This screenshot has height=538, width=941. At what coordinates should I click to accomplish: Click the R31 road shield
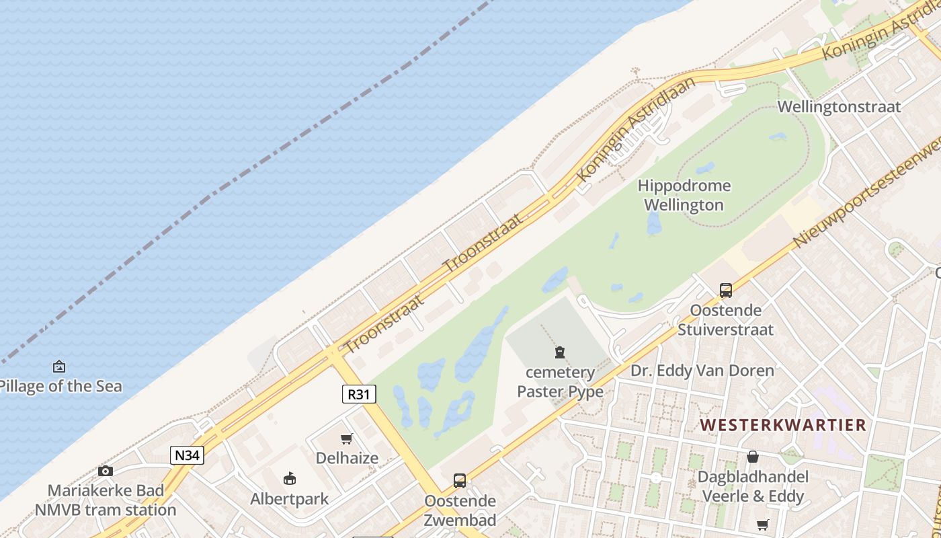click(x=359, y=394)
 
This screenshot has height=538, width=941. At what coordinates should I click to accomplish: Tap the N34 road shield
click(x=187, y=455)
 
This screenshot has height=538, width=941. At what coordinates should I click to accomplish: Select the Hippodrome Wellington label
click(x=684, y=195)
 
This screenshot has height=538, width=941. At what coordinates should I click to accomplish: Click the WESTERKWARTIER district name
click(x=783, y=425)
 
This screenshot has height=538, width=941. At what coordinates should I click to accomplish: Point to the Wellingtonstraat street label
click(x=839, y=106)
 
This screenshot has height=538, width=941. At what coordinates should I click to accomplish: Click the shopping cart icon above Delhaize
click(x=347, y=439)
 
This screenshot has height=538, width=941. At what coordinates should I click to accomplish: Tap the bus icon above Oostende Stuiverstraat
click(x=726, y=291)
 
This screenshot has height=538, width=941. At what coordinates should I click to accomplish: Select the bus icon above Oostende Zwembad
click(x=460, y=481)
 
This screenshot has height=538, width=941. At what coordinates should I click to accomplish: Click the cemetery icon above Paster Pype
click(x=560, y=352)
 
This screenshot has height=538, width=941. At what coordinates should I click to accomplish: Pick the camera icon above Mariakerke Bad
click(x=106, y=471)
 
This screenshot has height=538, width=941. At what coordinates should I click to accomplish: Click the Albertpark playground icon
click(x=290, y=478)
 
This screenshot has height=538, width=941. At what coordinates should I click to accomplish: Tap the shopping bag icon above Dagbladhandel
click(x=753, y=457)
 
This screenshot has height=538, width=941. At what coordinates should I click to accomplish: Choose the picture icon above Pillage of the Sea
click(x=59, y=367)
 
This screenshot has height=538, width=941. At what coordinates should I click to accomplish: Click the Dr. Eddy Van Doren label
click(x=702, y=371)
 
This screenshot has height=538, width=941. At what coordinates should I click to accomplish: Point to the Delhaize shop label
click(x=347, y=458)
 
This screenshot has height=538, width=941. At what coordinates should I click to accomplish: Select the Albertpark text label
click(x=290, y=499)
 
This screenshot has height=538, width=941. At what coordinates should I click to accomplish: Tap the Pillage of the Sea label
click(x=60, y=386)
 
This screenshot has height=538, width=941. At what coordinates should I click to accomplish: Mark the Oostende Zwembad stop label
click(x=460, y=510)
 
